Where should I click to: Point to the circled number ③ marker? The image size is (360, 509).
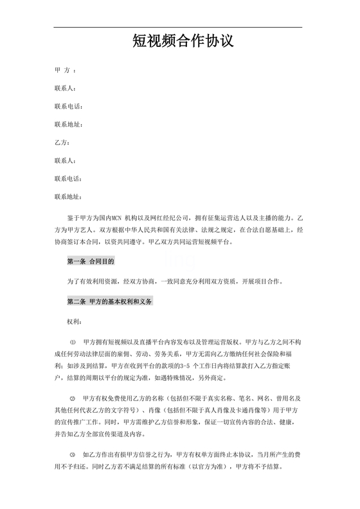point(72,456)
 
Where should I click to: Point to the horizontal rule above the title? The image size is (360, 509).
point(177,28)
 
